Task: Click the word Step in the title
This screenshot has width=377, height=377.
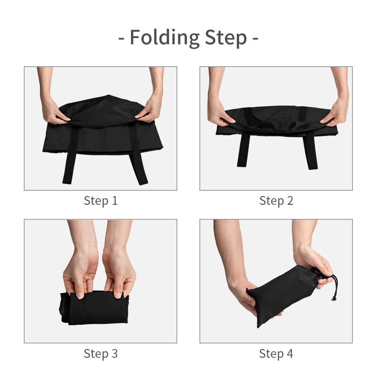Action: pos(226,38)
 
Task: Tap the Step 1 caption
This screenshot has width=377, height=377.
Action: pos(101,201)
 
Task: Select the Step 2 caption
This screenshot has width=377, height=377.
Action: pos(276,201)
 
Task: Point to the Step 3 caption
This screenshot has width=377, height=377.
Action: pos(101,354)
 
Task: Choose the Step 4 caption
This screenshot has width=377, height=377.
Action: pos(276,354)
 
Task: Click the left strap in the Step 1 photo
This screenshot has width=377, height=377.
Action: pos(71,154)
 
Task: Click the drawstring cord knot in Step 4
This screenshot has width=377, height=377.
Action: pos(334,299)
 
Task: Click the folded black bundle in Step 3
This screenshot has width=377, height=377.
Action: pos(94,308)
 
